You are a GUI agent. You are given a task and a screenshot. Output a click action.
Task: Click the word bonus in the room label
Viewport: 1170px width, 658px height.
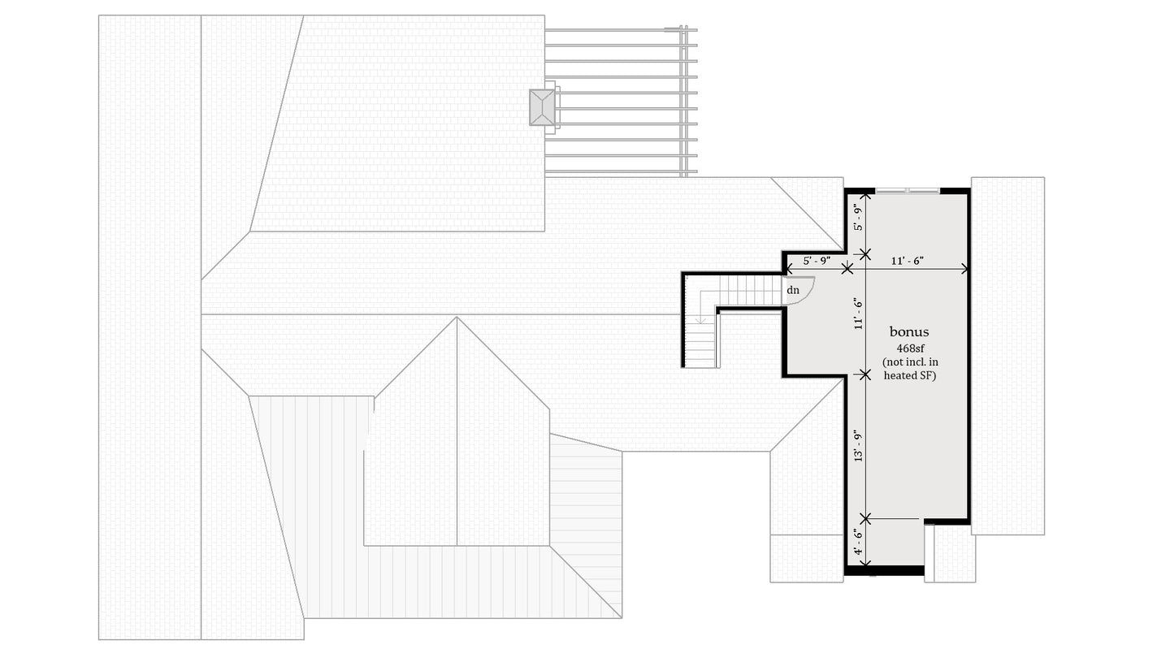(x=908, y=331)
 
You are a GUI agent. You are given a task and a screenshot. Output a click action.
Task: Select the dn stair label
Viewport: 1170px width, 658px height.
(x=792, y=289)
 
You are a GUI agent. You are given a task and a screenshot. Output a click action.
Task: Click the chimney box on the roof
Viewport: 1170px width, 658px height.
(x=542, y=107)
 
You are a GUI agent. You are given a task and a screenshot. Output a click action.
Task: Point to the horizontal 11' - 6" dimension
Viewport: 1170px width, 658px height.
(x=907, y=261)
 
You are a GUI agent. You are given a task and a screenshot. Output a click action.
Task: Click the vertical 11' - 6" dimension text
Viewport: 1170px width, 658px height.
(x=856, y=313)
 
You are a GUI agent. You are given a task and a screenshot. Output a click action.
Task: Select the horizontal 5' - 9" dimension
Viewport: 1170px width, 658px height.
(x=816, y=261)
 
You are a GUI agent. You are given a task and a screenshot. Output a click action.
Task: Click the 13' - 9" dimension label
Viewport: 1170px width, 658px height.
(x=856, y=446)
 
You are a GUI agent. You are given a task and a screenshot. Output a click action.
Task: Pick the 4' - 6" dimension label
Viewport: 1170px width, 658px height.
(x=856, y=543)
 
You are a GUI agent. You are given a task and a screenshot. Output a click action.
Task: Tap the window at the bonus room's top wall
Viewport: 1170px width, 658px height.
(x=907, y=191)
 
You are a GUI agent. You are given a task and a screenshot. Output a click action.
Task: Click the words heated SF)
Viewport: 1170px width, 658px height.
(x=909, y=375)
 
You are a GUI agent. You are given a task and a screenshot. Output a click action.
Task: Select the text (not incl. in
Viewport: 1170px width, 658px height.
(x=909, y=361)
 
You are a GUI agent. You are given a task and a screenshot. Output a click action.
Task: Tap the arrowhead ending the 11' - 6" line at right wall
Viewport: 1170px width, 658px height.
(x=964, y=268)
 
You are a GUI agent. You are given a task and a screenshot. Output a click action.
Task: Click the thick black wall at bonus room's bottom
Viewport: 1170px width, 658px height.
(x=884, y=570)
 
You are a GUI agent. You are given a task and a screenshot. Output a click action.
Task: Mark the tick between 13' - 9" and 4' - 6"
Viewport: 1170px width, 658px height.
(x=865, y=517)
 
